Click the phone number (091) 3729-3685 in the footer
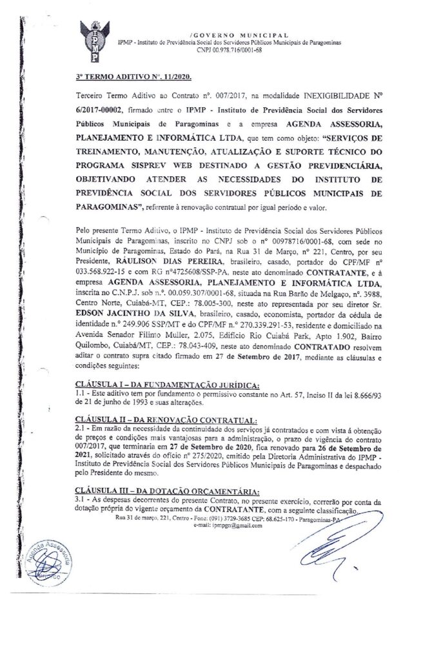(x=237, y=518)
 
